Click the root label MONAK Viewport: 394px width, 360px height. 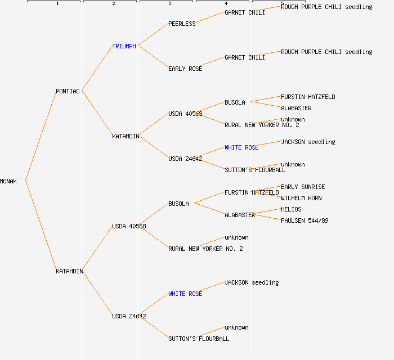pyautogui.click(x=8, y=181)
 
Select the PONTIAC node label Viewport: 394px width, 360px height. pyautogui.click(x=68, y=91)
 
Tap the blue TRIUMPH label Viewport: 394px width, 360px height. pyautogui.click(x=124, y=46)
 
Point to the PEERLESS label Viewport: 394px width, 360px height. pyautogui.click(x=182, y=24)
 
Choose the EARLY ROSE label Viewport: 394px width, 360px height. pyautogui.click(x=185, y=69)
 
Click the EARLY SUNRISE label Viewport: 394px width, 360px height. pyautogui.click(x=303, y=187)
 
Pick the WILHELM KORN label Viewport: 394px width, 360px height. pyautogui.click(x=301, y=198)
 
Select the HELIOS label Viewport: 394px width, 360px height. pyautogui.click(x=291, y=209)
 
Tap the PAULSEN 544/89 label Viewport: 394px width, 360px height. pyautogui.click(x=305, y=220)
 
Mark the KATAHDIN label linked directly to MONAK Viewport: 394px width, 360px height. pyautogui.click(x=69, y=271)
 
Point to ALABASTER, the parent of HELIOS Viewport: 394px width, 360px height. pyautogui.click(x=240, y=215)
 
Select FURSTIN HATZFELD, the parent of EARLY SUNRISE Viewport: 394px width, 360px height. pyautogui.click(x=252, y=192)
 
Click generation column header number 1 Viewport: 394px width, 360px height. pyautogui.click(x=57, y=4)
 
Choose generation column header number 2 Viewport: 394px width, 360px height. pyautogui.click(x=114, y=4)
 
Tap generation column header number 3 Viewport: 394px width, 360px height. pyautogui.click(x=170, y=4)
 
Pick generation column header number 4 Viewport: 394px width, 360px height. pyautogui.click(x=226, y=4)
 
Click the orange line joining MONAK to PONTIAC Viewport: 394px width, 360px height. pyautogui.click(x=41, y=136)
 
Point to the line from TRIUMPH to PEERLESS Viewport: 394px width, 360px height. pyautogui.click(x=153, y=34)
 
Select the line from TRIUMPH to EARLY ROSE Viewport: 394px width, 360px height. pyautogui.click(x=153, y=57)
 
